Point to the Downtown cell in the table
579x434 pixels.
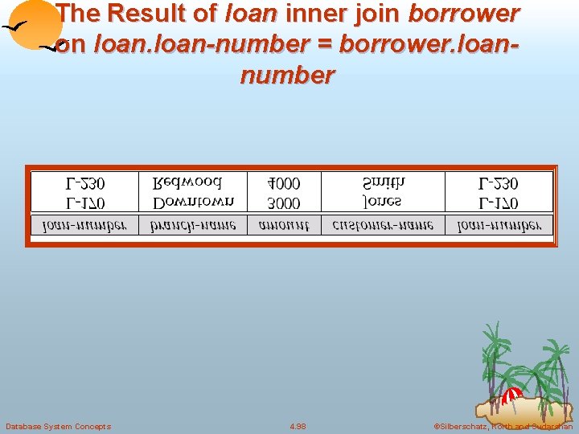pyautogui.click(x=194, y=202)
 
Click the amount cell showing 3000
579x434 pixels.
pyautogui.click(x=285, y=203)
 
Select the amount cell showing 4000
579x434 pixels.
pyautogui.click(x=285, y=184)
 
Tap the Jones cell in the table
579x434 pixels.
pyautogui.click(x=382, y=202)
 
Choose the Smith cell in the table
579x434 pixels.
pyautogui.click(x=384, y=184)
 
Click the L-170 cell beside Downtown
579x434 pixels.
pyautogui.click(x=84, y=203)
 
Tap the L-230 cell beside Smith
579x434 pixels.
pyautogui.click(x=498, y=184)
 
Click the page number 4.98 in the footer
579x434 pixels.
pyautogui.click(x=297, y=426)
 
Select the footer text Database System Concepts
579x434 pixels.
pyautogui.click(x=58, y=426)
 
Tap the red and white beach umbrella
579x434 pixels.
pyautogui.click(x=511, y=395)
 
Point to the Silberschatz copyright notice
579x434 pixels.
pyautogui.click(x=503, y=426)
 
